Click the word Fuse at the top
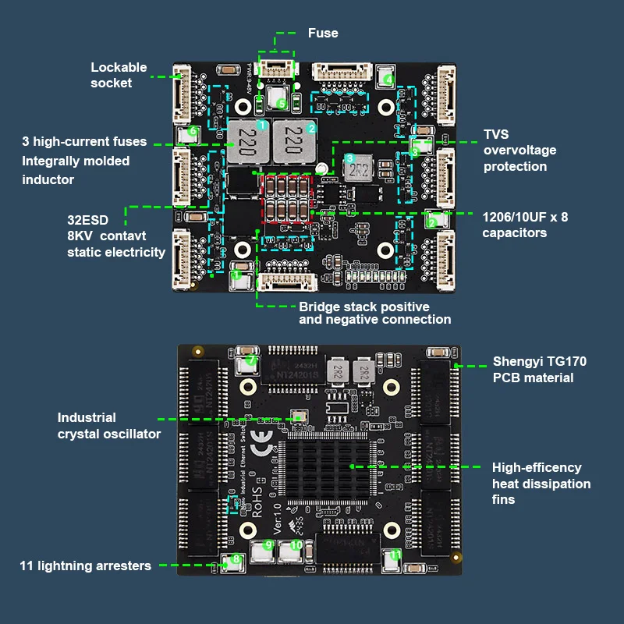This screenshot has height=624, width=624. [x=323, y=33]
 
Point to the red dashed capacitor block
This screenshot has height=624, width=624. [x=285, y=201]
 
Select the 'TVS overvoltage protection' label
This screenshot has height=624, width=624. [x=519, y=151]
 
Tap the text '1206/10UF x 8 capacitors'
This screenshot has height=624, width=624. [x=524, y=225]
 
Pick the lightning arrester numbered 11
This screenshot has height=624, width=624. [x=394, y=557]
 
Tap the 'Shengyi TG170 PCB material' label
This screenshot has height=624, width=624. [x=539, y=370]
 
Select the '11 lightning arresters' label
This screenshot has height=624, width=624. [x=86, y=565]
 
